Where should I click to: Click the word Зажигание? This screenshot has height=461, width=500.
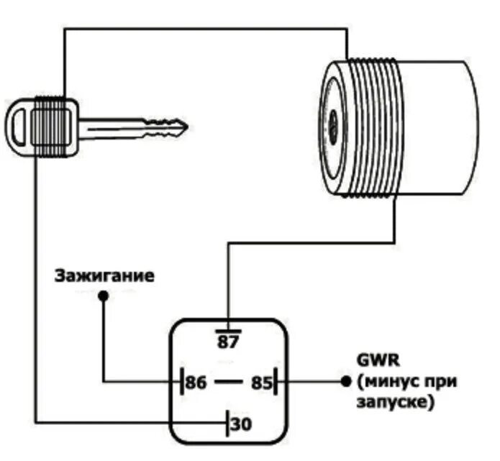click(104, 276)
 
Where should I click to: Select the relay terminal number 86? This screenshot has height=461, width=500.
click(196, 382)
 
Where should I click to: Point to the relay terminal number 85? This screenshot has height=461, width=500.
click(260, 383)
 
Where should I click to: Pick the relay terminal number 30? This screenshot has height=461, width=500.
click(242, 424)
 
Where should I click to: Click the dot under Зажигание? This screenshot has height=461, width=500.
click(104, 296)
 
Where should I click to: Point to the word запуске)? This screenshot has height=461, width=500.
click(396, 403)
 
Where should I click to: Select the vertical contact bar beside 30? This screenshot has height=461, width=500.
click(228, 423)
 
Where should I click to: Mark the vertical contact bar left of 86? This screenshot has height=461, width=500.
click(180, 382)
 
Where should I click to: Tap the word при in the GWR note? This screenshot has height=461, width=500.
click(442, 381)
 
